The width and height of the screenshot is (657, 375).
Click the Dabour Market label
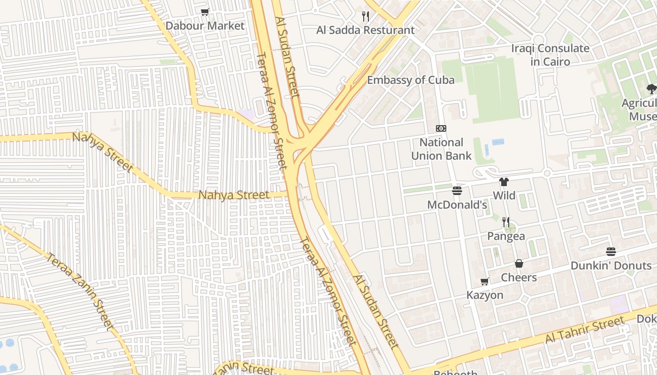pyautogui.click(x=205, y=26)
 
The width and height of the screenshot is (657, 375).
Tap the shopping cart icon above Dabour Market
pyautogui.click(x=205, y=12)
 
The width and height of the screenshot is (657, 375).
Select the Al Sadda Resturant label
pyautogui.click(x=365, y=30)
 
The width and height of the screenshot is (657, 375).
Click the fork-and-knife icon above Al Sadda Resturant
pyautogui.click(x=366, y=16)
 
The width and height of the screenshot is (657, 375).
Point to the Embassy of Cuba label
pyautogui.click(x=410, y=80)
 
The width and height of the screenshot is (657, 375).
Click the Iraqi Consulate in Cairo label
pyautogui.click(x=543, y=55)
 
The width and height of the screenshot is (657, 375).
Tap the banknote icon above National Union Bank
pyautogui.click(x=441, y=128)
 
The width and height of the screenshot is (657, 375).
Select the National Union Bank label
pyautogui.click(x=441, y=149)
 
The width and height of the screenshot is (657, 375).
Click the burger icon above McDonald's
pyautogui.click(x=457, y=191)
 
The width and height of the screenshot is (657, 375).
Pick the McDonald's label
pyautogui.click(x=457, y=205)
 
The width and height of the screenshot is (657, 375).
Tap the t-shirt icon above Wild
pyautogui.click(x=504, y=182)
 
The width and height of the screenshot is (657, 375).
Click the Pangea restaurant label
pyautogui.click(x=506, y=236)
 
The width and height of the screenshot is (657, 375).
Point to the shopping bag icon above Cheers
pyautogui.click(x=519, y=263)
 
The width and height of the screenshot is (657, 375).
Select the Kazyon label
pyautogui.click(x=485, y=295)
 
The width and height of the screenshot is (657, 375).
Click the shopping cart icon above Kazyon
pyautogui.click(x=485, y=281)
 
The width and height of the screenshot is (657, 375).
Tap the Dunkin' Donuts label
pyautogui.click(x=611, y=266)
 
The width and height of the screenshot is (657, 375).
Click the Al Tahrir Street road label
pyautogui.click(x=584, y=330)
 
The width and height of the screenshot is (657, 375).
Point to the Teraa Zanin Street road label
pyautogui.click(x=80, y=291)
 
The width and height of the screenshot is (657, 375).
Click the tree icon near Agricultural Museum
pyautogui.click(x=651, y=89)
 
